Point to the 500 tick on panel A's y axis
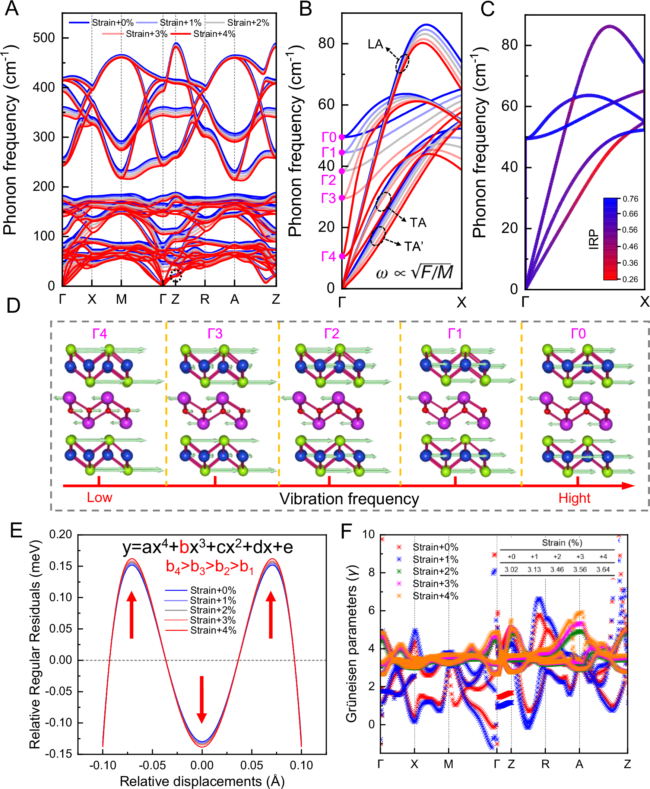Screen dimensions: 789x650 (44, 38)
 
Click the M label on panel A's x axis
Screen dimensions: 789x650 (121, 299)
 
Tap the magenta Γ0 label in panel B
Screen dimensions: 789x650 (329, 138)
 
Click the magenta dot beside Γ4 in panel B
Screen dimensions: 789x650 (342, 256)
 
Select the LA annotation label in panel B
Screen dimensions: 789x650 (375, 44)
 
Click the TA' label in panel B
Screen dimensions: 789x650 (414, 246)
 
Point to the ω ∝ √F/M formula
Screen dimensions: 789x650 (415, 272)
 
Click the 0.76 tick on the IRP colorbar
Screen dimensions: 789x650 (630, 199)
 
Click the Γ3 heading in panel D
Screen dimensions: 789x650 (215, 334)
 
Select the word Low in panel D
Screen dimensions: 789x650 (99, 498)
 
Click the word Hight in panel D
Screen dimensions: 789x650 (574, 498)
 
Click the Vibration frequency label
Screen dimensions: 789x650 (349, 499)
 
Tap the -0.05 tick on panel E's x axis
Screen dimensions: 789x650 (152, 765)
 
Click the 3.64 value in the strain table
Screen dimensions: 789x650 (603, 569)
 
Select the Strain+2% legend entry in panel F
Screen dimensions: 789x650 (435, 572)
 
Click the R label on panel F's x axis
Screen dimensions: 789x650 (545, 764)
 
